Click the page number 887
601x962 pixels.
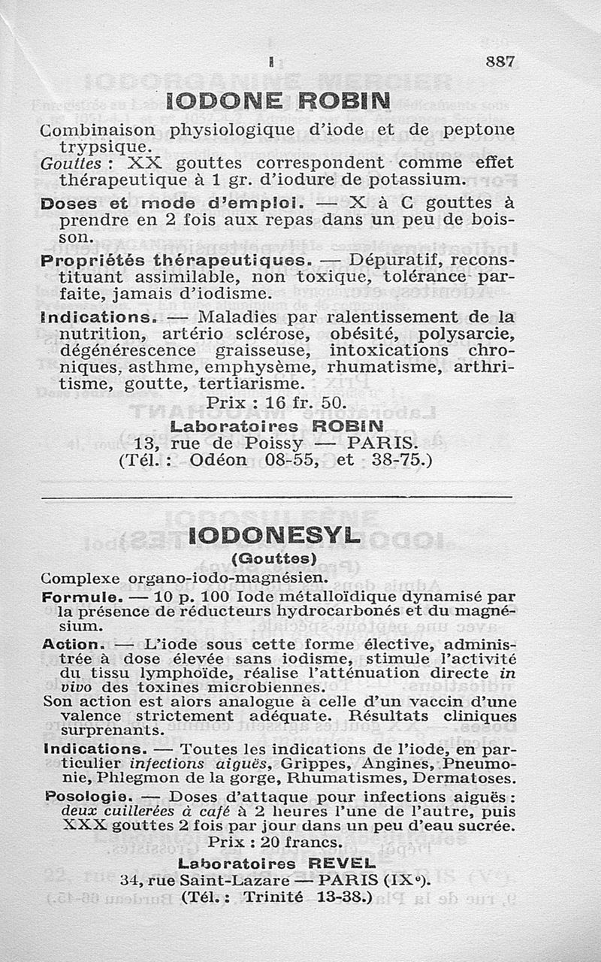(500, 63)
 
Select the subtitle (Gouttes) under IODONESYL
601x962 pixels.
(273, 558)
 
